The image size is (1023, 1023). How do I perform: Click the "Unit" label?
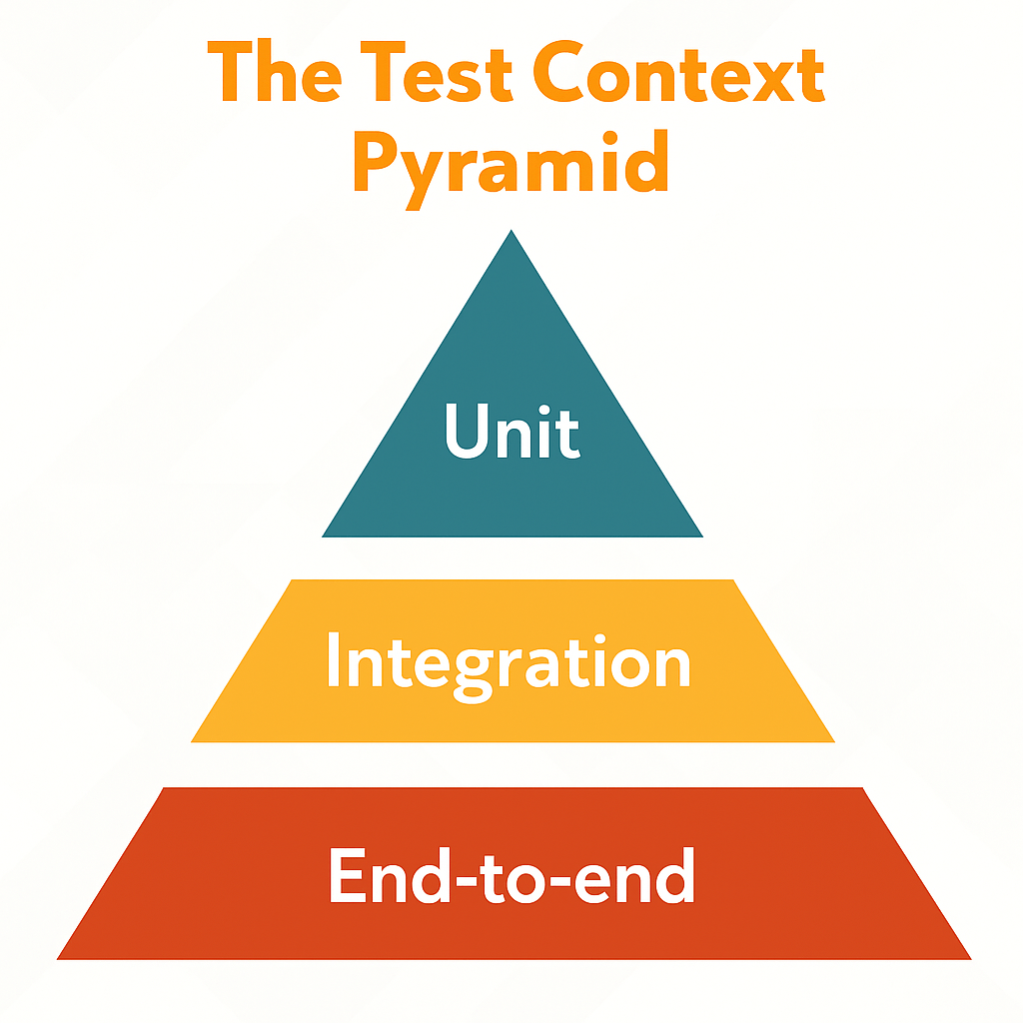pos(511,432)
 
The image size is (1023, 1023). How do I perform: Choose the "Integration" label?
pos(509,661)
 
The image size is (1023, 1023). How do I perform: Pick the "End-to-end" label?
pos(511,876)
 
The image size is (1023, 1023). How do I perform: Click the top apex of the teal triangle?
pos(511,232)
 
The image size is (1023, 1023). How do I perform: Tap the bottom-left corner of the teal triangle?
pos(324,536)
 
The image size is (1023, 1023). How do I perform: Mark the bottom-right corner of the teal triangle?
pos(702,536)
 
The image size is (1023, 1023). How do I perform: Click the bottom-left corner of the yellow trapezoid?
pos(192,741)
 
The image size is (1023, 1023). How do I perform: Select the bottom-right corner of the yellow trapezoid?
pos(834,741)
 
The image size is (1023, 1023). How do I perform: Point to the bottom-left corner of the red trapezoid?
pos(58,958)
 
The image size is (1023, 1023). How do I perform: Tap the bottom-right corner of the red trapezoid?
pos(970,958)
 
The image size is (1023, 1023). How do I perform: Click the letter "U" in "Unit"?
pos(468,432)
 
